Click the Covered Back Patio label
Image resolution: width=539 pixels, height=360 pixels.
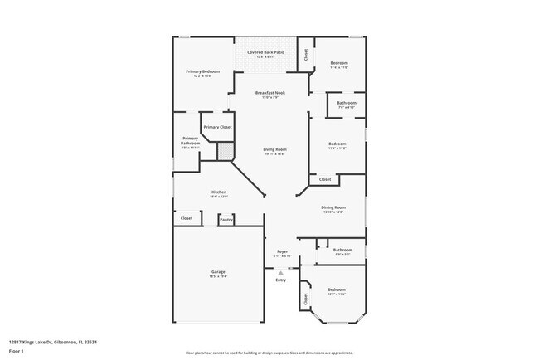[265, 54]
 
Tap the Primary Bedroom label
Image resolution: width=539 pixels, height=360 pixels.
[202, 73]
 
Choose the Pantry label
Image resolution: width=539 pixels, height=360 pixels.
[226, 219]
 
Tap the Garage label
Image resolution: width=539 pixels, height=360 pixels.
[219, 274]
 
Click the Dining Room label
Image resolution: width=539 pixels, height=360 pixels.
[333, 208]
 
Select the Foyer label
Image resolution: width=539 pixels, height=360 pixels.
[281, 252]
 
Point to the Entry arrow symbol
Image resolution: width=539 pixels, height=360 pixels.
[281, 272]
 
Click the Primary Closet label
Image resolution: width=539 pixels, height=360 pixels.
[217, 127]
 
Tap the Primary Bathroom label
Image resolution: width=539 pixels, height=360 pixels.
[190, 143]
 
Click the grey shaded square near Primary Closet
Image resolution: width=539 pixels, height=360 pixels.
[224, 150]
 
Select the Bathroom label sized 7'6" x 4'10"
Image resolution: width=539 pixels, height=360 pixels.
[347, 105]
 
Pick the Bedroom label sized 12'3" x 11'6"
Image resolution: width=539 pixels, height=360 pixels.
[335, 291]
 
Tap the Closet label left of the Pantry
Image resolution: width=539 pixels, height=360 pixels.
[187, 218]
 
